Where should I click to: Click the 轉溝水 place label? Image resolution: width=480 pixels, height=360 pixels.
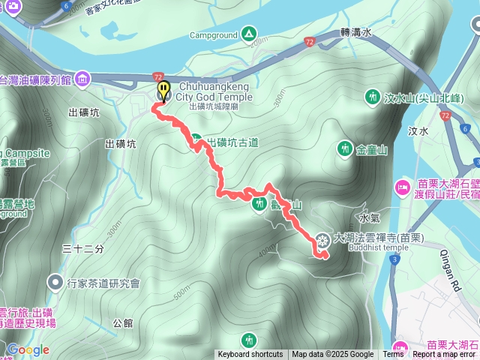[355, 33]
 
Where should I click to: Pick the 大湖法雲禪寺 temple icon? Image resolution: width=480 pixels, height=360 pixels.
[322, 240]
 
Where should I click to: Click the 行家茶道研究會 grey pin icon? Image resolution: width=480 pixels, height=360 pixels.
[55, 283]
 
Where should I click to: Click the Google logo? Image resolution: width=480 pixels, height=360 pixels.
[28, 349]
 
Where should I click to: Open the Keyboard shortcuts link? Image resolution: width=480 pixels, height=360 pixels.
[250, 355]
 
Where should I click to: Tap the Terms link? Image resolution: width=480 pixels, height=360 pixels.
[394, 355]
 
